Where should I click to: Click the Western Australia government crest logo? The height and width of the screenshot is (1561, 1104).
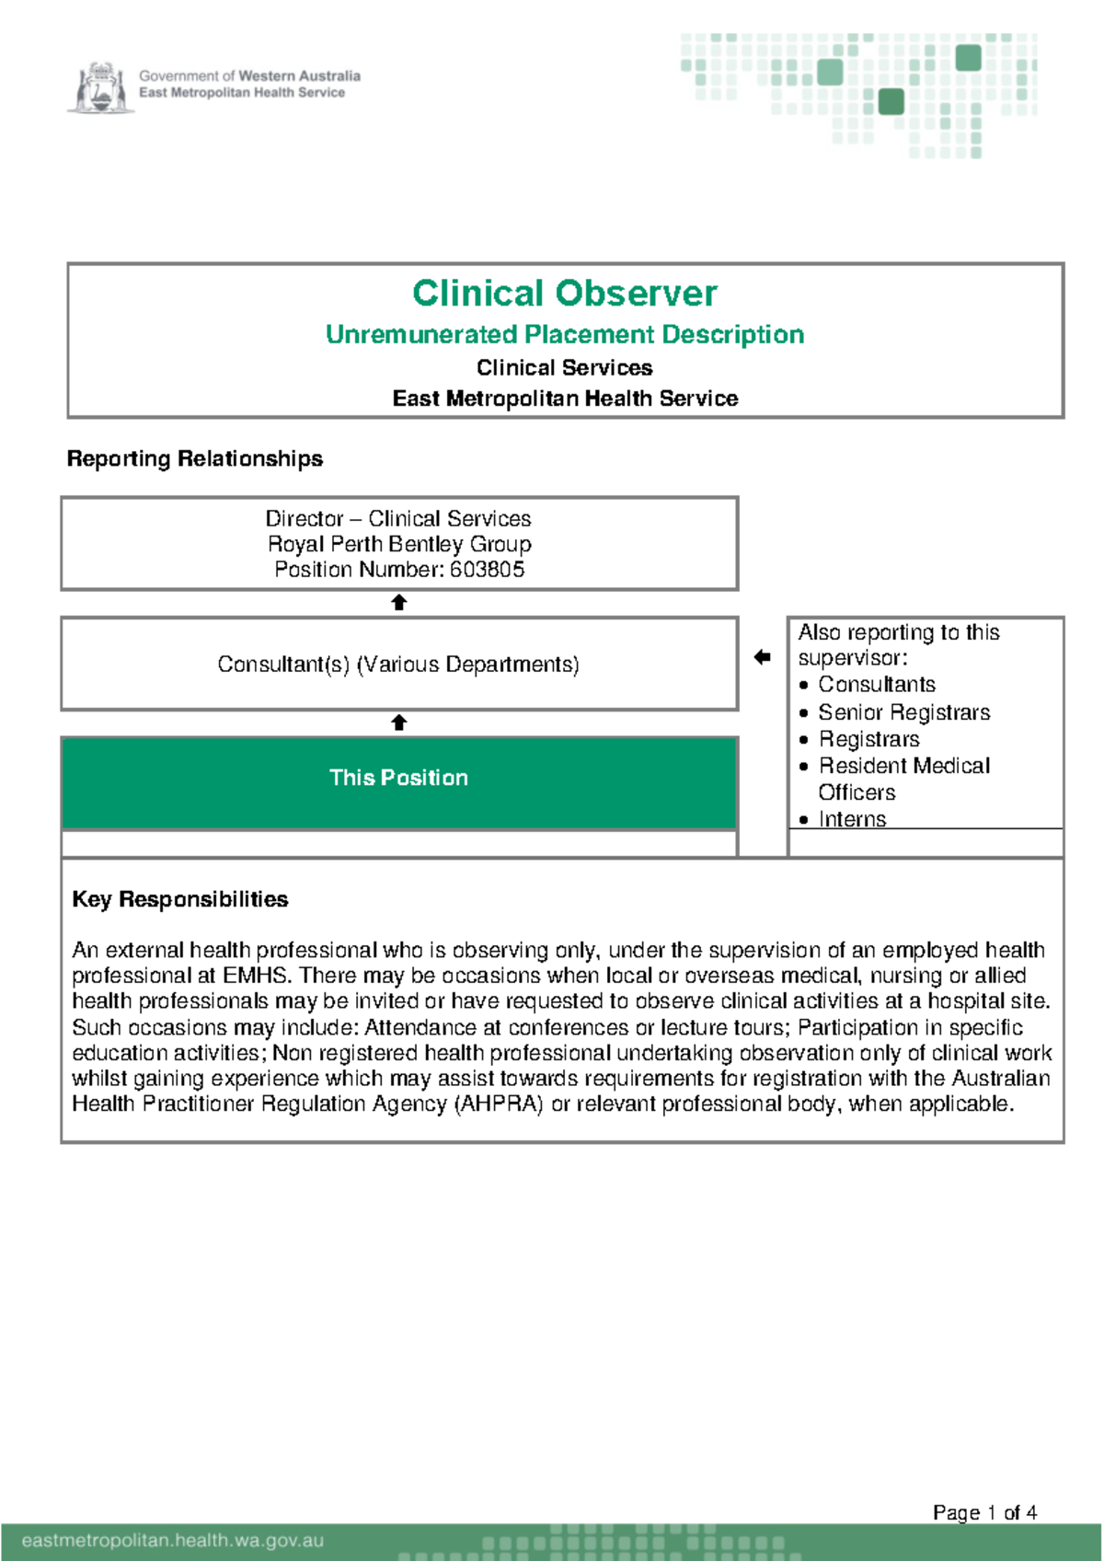click(100, 88)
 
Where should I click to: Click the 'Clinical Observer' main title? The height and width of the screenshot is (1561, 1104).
click(564, 294)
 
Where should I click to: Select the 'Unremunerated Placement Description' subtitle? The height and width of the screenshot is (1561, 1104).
click(564, 334)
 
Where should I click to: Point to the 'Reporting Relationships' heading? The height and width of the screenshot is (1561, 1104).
click(194, 458)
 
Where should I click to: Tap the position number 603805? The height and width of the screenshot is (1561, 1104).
click(487, 570)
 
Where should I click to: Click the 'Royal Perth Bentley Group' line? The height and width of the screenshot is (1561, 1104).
click(398, 544)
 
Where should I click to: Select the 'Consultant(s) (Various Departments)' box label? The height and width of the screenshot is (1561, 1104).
click(398, 665)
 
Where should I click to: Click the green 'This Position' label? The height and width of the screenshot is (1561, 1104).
click(398, 778)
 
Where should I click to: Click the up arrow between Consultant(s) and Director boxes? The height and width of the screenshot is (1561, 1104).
click(398, 603)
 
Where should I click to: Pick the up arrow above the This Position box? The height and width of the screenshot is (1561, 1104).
click(398, 723)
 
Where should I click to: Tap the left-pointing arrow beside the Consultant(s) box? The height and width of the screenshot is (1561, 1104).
click(762, 657)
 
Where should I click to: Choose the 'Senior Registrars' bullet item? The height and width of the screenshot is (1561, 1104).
click(903, 712)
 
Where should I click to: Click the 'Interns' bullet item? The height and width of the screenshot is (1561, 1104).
click(852, 819)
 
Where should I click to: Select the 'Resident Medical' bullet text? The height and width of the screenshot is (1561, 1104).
click(903, 766)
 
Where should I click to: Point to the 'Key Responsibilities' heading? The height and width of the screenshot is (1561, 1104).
click(179, 899)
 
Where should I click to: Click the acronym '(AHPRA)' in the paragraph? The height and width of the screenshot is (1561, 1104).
click(499, 1104)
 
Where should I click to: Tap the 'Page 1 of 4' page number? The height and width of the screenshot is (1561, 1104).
click(984, 1512)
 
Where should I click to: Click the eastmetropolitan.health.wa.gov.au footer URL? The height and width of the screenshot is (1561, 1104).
click(172, 1540)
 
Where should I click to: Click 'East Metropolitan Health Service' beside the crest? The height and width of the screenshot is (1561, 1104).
click(242, 93)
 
